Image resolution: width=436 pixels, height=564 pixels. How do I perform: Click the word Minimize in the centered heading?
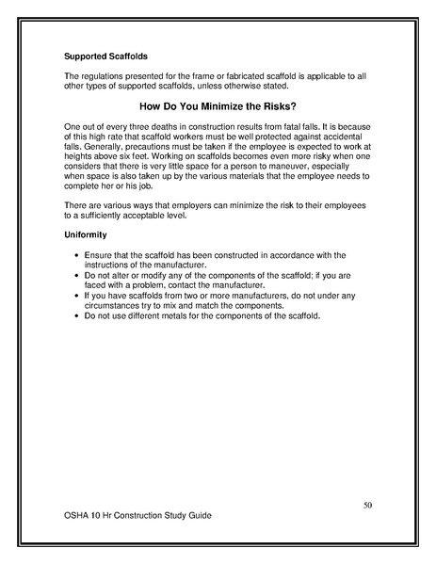point(236,106)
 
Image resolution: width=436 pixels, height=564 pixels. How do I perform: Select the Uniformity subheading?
point(86,234)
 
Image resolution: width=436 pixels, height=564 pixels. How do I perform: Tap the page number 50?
point(368,506)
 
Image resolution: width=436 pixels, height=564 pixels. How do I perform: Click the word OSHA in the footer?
point(77,518)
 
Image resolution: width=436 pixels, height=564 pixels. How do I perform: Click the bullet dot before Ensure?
point(74,255)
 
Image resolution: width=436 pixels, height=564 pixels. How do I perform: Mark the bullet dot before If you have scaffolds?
point(74,296)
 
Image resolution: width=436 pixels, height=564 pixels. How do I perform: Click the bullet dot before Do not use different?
point(74,315)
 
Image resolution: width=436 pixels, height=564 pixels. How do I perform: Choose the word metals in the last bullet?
point(186,315)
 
